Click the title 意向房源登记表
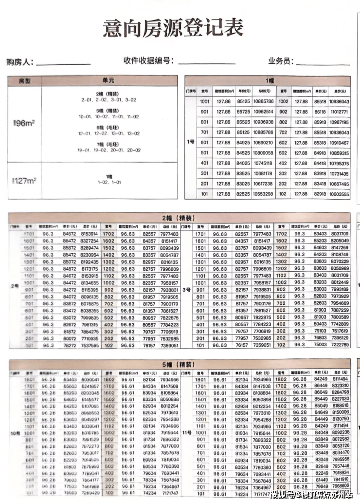point(173,28)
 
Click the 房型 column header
point(24,80)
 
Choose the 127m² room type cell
point(24,180)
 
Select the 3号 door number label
point(186,290)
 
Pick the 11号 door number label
point(186,432)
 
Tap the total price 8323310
point(340,386)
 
